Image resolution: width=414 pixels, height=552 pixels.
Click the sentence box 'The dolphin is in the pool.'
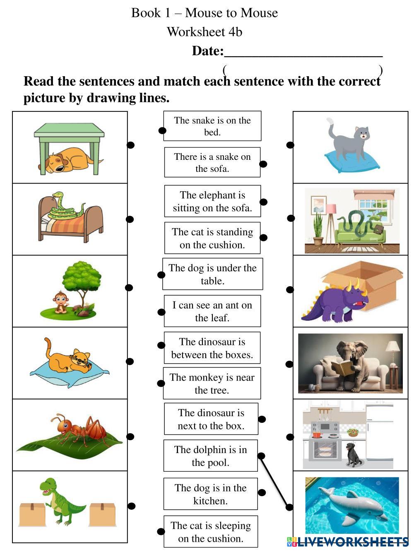click(210, 456)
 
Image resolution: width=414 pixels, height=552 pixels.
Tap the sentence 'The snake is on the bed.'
click(212, 126)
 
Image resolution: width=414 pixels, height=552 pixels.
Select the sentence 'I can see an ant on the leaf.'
click(212, 311)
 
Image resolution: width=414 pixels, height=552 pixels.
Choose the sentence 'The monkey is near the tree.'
click(212, 383)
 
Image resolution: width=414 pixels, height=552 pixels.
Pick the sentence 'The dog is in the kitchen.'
click(210, 494)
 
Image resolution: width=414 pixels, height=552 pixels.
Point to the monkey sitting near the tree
click(61, 301)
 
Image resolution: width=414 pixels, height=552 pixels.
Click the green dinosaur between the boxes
click(60, 501)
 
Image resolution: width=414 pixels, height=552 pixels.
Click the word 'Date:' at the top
click(207, 51)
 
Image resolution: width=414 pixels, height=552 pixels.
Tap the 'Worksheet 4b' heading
click(204, 31)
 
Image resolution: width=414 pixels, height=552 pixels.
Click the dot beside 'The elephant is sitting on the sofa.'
click(264, 202)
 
